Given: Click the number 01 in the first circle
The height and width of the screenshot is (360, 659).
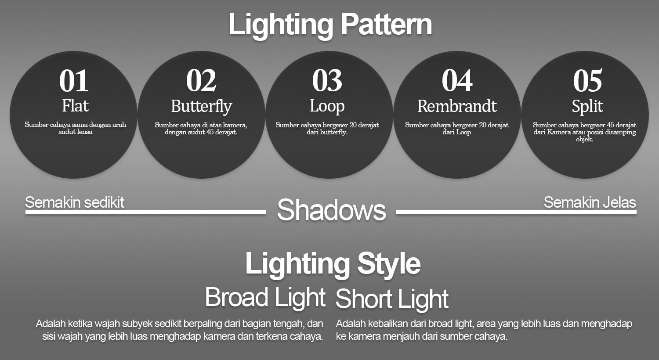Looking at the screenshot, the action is [x=74, y=80].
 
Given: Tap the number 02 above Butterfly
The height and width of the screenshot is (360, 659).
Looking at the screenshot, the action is [x=201, y=80].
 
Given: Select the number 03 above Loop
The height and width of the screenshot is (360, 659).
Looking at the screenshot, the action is [x=327, y=80].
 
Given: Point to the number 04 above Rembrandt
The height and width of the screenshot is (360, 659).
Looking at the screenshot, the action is [x=457, y=80].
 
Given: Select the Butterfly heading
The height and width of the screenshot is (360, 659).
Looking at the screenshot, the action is [x=202, y=106].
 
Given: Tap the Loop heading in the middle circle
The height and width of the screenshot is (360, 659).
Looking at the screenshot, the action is [x=327, y=106].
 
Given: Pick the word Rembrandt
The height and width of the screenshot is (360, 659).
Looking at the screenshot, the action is [x=457, y=106].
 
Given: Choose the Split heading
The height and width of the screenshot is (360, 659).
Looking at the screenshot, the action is [x=587, y=106].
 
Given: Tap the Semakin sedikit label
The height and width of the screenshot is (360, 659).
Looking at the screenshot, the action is [x=74, y=202].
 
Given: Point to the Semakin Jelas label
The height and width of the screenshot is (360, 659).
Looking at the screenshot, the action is [x=590, y=202].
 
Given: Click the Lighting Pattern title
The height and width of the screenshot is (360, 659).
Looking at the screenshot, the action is [x=330, y=25].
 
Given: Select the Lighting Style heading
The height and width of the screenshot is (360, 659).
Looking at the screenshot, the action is [x=333, y=263].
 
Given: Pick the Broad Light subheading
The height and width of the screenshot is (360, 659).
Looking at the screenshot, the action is [x=265, y=297].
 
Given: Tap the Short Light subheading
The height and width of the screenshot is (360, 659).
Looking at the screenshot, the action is [x=392, y=299].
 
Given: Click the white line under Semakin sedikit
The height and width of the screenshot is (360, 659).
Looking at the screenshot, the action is [x=145, y=212].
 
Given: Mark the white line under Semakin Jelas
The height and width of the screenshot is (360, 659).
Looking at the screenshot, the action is [x=516, y=212].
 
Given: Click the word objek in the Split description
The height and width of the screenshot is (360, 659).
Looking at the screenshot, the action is [x=585, y=139].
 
